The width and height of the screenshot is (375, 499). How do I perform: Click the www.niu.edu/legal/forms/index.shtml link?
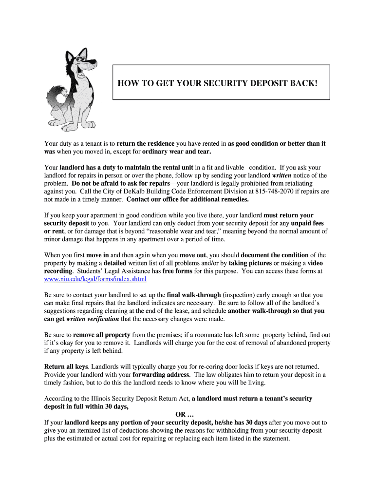[95, 279]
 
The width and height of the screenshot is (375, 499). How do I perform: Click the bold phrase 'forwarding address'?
[161, 375]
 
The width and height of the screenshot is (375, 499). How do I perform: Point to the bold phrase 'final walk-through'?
[193, 295]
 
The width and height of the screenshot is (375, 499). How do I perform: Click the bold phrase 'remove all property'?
[101, 335]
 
